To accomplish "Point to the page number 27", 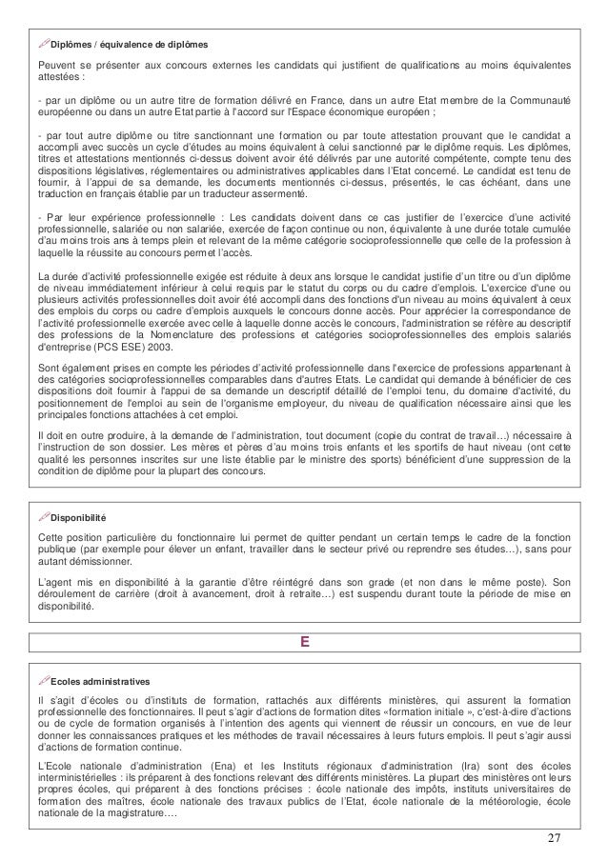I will click(555, 837).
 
